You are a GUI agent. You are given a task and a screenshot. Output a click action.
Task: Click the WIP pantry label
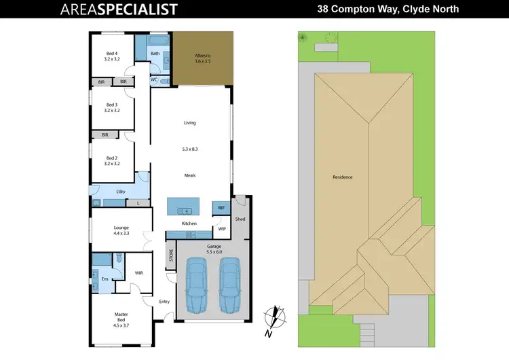click(221, 229)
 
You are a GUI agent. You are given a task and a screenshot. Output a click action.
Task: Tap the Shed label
click(240, 219)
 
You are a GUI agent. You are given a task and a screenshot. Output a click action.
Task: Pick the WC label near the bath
click(154, 79)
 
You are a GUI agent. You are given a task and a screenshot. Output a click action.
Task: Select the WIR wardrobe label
click(138, 273)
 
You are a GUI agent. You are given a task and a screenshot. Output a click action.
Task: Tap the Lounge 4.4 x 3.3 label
click(121, 231)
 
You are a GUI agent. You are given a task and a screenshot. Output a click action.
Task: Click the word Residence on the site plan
click(342, 177)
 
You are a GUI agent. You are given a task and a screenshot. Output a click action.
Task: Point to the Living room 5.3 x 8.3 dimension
click(190, 149)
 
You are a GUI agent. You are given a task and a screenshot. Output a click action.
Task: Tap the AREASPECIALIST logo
click(119, 9)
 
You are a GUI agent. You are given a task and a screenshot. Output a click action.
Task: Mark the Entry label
click(164, 301)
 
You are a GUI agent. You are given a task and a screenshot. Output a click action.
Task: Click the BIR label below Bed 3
click(105, 134)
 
